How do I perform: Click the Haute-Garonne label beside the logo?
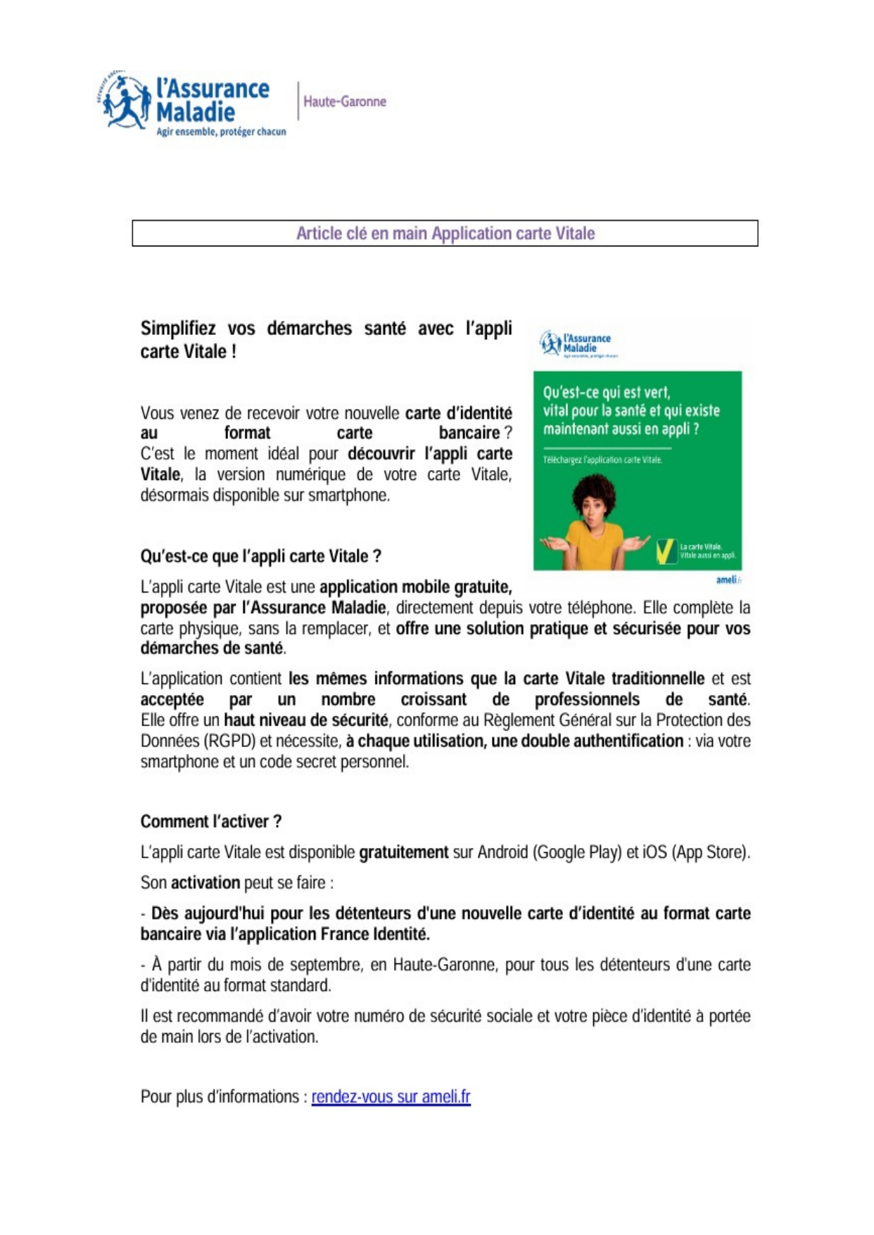coord(344,101)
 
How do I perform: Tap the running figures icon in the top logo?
coord(124,101)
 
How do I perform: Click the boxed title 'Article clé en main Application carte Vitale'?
coord(445,234)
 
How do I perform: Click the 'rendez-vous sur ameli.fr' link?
coord(391,1096)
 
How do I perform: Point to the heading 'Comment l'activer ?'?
coord(211,821)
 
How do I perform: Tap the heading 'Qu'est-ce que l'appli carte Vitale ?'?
coord(260,556)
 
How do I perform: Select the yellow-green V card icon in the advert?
coord(665,551)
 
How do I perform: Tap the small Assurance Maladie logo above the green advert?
coord(575,343)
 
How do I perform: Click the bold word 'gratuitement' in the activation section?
coord(403,852)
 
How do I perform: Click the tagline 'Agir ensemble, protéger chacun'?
coord(221,132)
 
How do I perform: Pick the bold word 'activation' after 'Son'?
coord(205,882)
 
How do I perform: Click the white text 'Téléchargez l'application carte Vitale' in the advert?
coord(602,460)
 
